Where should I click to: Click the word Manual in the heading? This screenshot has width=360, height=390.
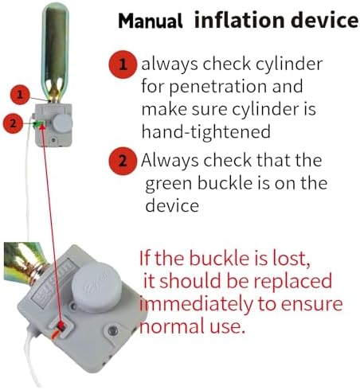(x=151, y=21)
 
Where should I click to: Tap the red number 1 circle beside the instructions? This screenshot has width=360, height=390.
(x=123, y=64)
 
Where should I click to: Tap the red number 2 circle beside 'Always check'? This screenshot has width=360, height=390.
(x=123, y=161)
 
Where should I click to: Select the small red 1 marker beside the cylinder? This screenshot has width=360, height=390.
(x=20, y=95)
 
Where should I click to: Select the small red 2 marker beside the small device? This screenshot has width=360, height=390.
(x=13, y=123)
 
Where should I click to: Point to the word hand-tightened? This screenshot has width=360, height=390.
(x=205, y=131)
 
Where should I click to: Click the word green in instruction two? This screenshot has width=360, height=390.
(x=168, y=185)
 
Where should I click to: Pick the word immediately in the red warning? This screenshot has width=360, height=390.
(x=196, y=305)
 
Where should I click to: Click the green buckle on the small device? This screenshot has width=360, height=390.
(x=39, y=123)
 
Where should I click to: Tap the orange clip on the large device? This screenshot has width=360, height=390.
(x=57, y=333)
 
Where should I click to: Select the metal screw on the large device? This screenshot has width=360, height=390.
(x=112, y=330)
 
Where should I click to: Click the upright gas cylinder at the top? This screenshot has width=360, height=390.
(x=55, y=53)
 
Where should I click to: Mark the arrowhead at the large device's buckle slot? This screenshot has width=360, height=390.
(x=61, y=326)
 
